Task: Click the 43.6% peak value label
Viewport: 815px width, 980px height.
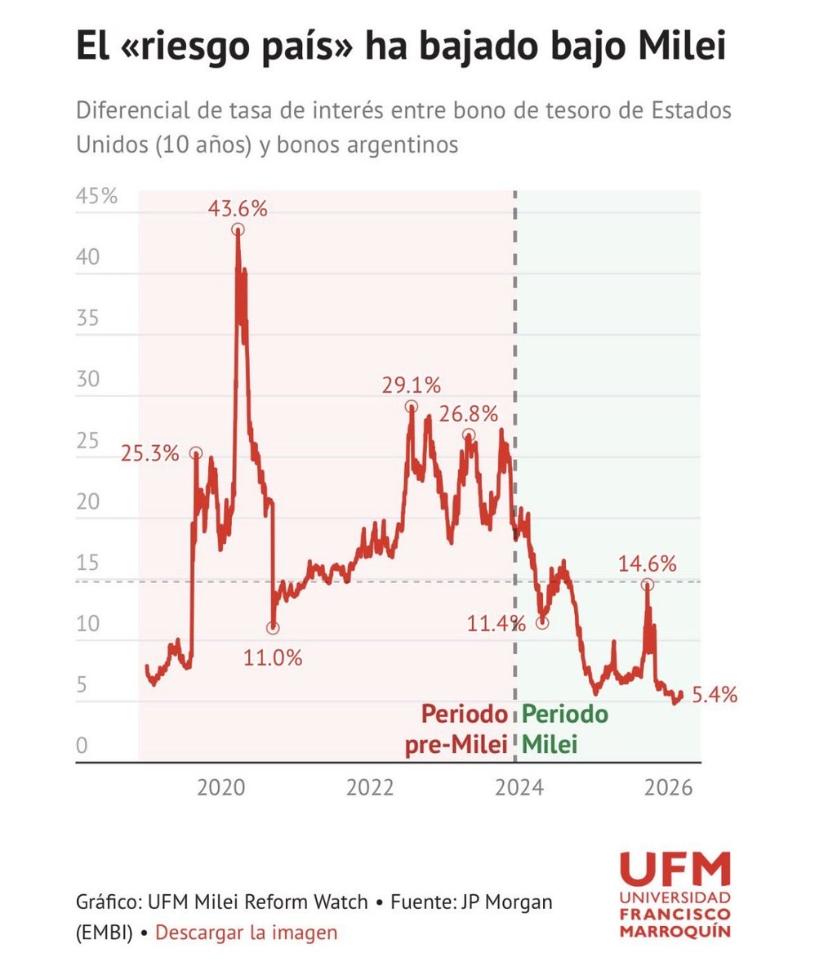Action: [x=238, y=208]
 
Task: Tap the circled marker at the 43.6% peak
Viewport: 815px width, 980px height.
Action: [x=238, y=229]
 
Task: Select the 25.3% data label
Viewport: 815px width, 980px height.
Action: [x=149, y=453]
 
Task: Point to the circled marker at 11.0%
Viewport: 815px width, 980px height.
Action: [x=273, y=628]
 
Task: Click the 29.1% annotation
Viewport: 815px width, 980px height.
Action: [x=412, y=385]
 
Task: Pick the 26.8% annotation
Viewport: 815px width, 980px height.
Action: [x=468, y=415]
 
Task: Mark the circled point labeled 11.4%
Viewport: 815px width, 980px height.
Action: [x=542, y=623]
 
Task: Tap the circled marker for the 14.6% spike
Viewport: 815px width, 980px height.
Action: [x=647, y=584]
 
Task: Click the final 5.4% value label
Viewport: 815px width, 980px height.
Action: [x=715, y=696]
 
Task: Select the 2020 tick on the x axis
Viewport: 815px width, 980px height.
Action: [x=221, y=789]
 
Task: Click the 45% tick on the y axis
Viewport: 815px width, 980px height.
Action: [x=97, y=197]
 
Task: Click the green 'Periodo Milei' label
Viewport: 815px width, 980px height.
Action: [x=565, y=728]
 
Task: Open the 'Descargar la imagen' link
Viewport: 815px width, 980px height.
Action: [x=246, y=933]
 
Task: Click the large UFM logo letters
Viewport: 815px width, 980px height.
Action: [x=675, y=869]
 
